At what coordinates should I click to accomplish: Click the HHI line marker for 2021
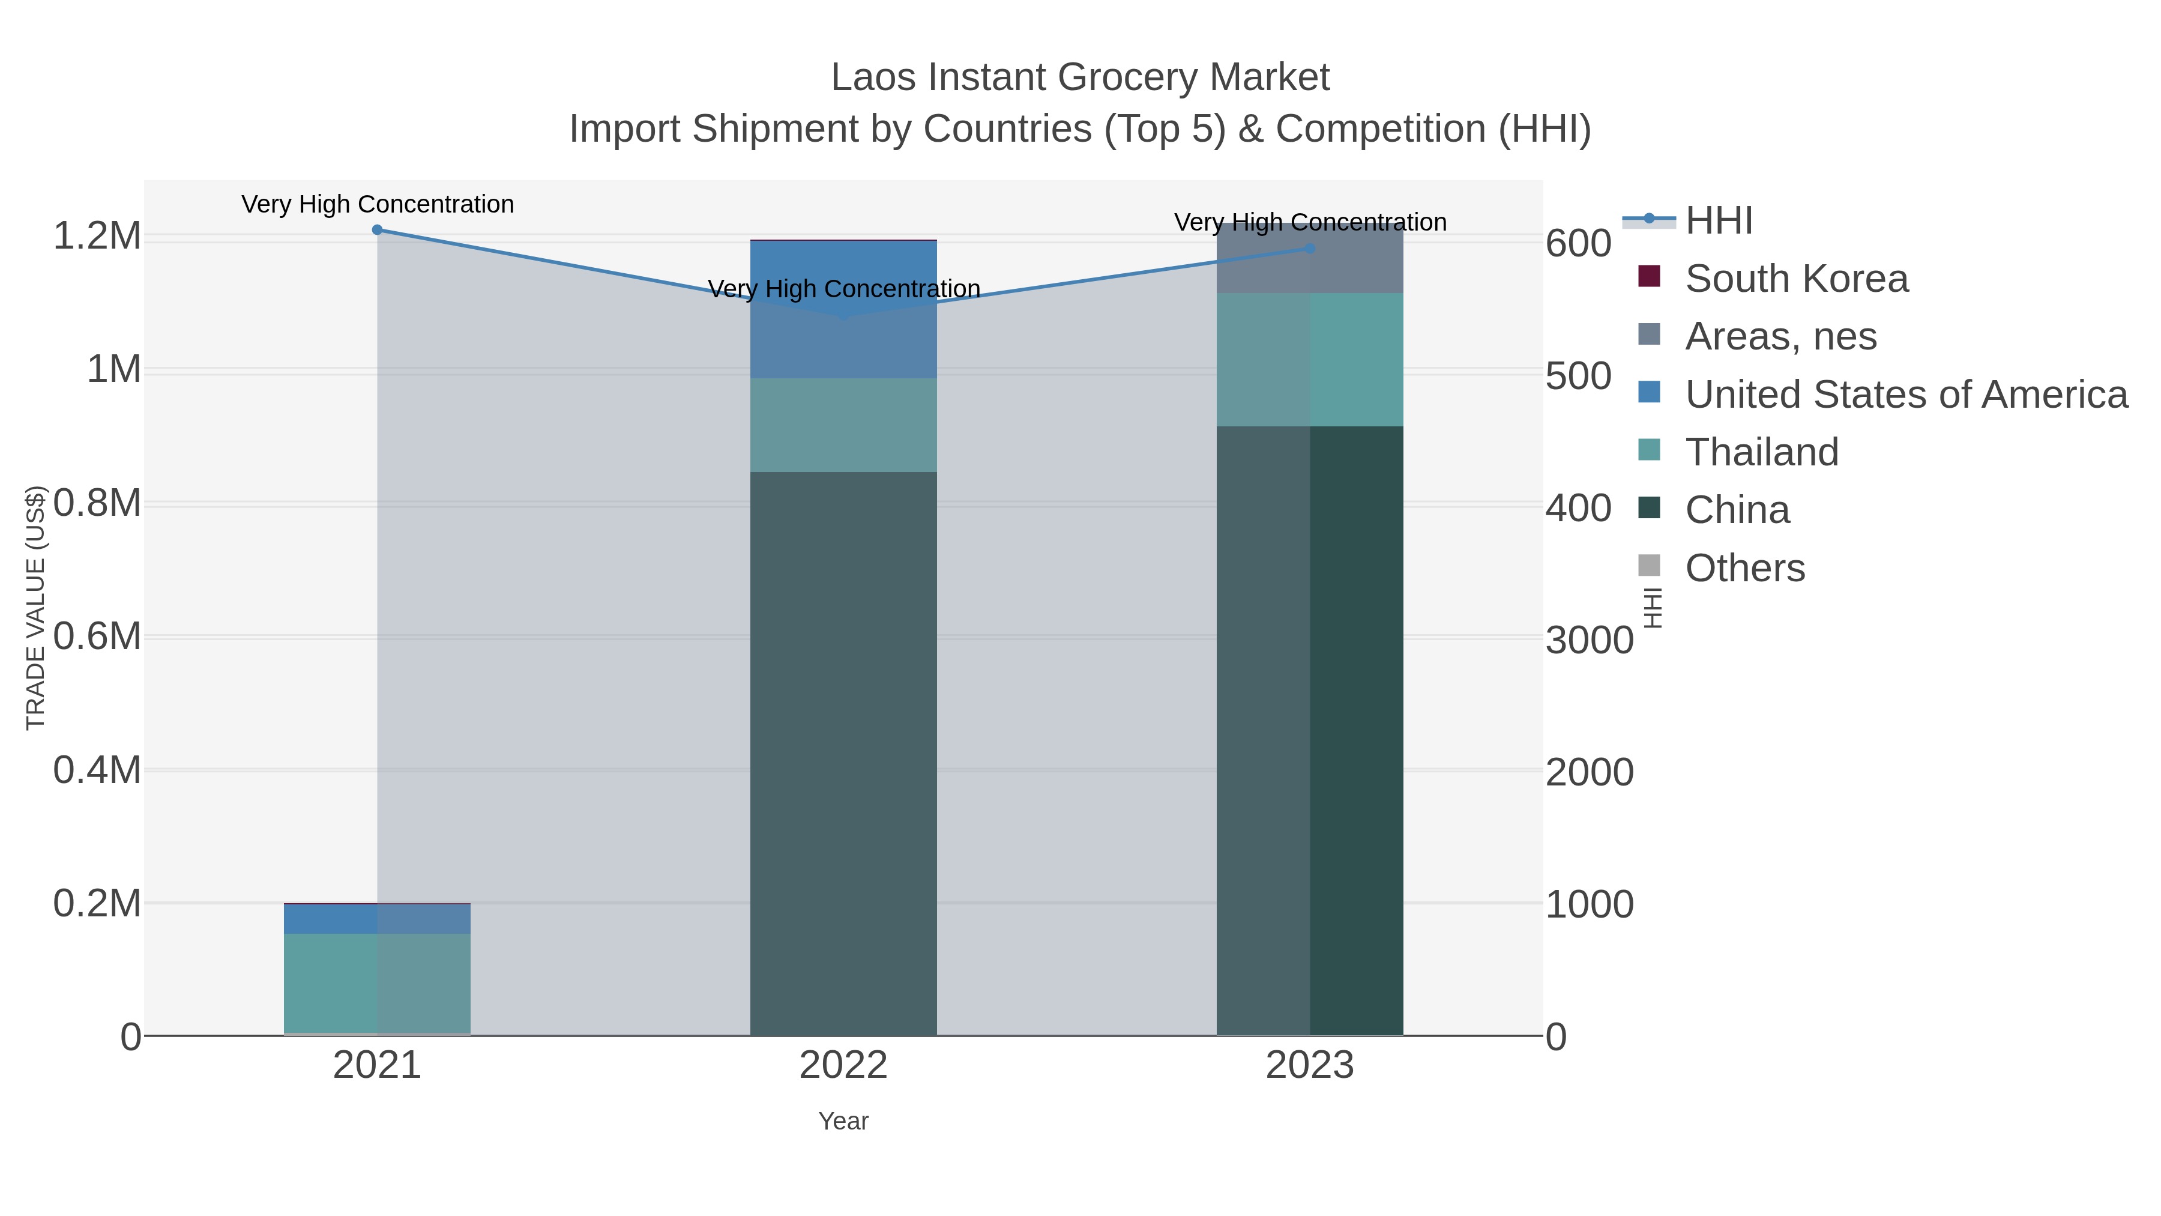376,230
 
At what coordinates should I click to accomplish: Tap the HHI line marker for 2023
1310,249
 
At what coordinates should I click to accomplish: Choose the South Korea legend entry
1795,279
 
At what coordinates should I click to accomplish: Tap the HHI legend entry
1718,221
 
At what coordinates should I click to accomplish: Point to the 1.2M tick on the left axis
97,237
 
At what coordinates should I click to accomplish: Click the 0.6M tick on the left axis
97,637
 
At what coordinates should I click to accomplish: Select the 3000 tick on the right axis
1589,640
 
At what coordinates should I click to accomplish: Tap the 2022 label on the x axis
843,1066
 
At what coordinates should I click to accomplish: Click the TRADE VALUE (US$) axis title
35,608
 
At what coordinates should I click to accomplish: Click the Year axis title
843,1121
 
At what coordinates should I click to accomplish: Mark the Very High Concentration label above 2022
844,289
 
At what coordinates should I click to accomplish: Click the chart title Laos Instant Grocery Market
1080,78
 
